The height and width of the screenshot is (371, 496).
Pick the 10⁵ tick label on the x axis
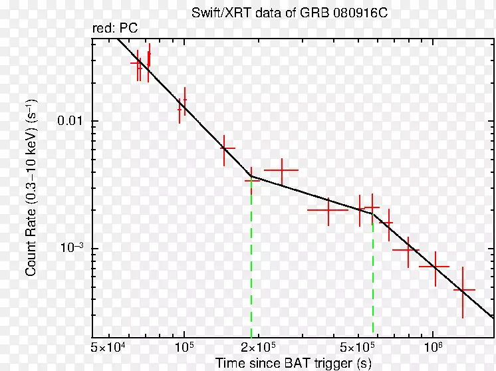tap(184, 348)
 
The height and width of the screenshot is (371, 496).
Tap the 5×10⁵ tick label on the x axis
tap(358, 348)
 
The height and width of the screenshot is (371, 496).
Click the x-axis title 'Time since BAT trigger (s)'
tap(293, 363)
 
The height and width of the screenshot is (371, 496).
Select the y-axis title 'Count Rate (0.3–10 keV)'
tap(31, 187)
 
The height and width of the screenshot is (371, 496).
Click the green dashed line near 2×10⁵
tap(251, 266)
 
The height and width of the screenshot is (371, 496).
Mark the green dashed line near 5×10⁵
tap(373, 279)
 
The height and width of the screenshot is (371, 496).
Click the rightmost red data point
tap(463, 290)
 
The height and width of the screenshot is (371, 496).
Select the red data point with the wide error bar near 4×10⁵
tap(328, 210)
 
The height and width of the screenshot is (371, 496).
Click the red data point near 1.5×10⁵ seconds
tap(227, 148)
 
